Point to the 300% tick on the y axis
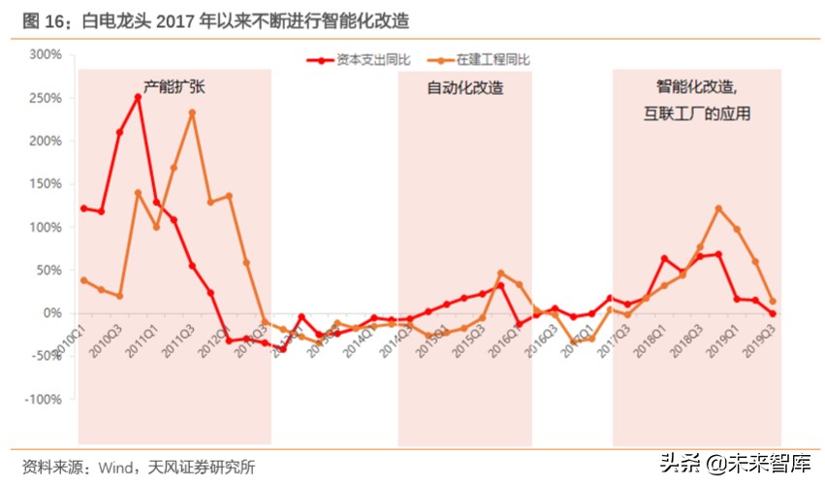[46, 54]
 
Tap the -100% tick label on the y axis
[43, 400]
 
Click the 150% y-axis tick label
[46, 183]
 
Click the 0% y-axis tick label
[52, 313]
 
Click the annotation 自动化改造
[465, 87]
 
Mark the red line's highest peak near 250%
[138, 97]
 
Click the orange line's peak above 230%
[192, 113]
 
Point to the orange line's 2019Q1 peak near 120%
[718, 208]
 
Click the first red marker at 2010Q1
[83, 208]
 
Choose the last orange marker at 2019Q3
[773, 301]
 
